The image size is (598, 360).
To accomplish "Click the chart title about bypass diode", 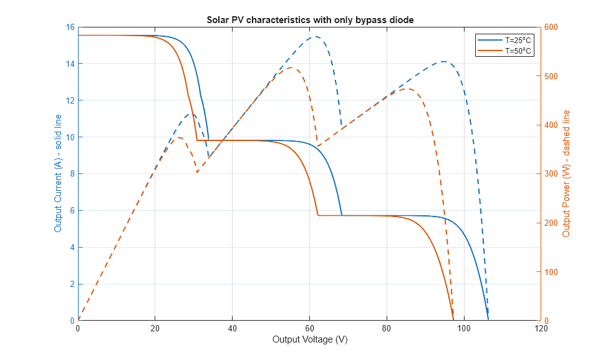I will pos(310,20).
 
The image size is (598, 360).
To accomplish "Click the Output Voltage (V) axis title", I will pos(310,339).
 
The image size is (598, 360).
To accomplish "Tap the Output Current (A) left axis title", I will pos(58,173).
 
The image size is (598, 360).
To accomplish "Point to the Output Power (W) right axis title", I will pos(566,173).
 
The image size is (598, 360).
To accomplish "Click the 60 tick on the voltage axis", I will pos(309,328).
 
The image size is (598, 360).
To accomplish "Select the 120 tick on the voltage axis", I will pos(541,328).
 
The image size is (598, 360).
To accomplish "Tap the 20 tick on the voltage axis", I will pos(155,328).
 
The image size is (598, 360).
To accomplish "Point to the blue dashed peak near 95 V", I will pos(443,62).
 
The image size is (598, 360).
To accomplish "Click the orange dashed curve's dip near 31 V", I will pos(197,172).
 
